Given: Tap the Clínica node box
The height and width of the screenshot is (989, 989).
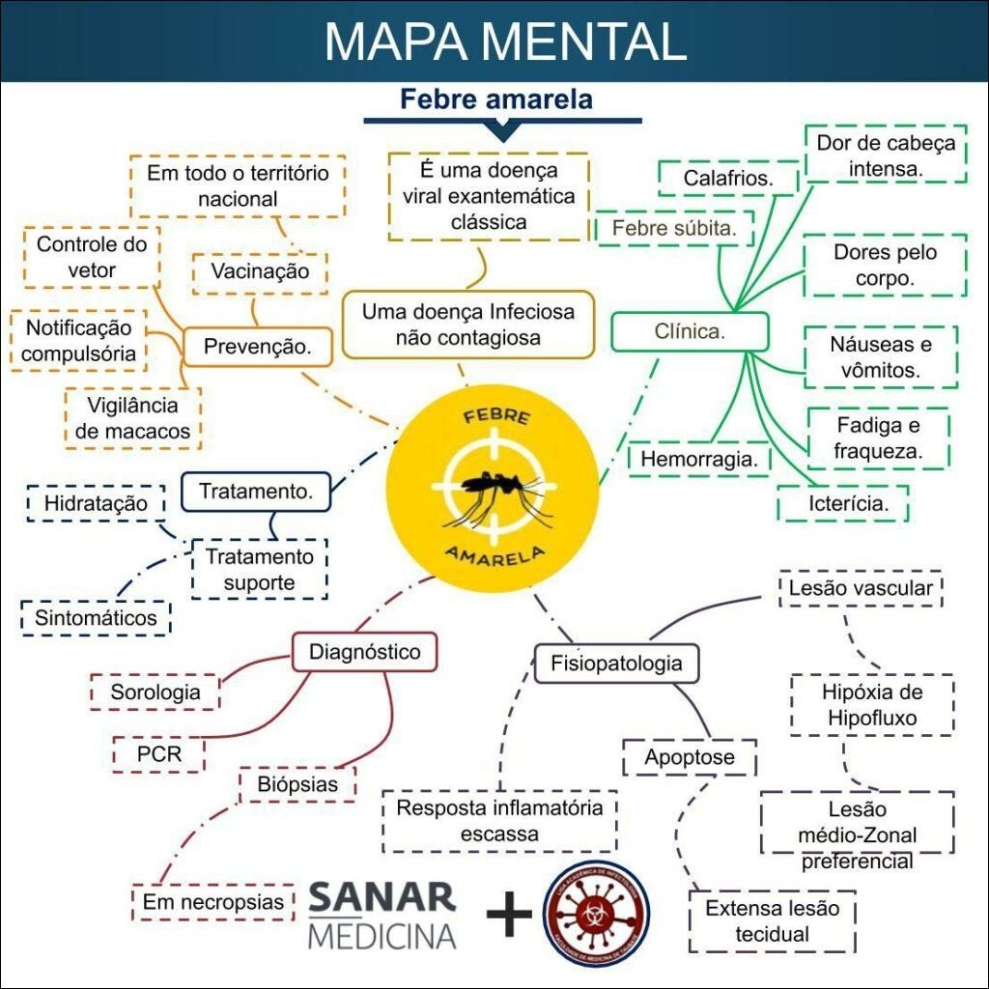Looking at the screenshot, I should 690,332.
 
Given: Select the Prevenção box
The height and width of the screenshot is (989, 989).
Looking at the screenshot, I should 257,347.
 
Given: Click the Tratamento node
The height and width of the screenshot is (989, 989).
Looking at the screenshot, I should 256,491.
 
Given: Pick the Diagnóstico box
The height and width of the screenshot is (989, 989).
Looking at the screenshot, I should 364,652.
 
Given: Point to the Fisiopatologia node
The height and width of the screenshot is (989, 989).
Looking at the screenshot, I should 616,664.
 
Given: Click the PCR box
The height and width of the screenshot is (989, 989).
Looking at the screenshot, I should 159,754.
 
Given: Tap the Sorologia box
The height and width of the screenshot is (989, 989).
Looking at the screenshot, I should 155,692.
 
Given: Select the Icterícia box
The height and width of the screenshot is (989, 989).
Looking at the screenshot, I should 844,503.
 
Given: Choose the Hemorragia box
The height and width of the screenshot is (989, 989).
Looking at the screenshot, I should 698,459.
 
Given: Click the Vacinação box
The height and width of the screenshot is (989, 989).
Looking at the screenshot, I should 260,271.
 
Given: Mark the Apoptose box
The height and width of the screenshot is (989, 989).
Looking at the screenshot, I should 689,757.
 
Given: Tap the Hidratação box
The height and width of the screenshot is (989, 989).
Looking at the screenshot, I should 96,503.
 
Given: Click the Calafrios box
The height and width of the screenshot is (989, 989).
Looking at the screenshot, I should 727,179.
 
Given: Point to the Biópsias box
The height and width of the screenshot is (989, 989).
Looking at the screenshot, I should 297,784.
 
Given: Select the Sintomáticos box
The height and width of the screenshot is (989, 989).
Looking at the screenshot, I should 96,617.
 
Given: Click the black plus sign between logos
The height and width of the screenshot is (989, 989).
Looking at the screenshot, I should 509,914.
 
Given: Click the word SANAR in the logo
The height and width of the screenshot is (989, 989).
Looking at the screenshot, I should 381,897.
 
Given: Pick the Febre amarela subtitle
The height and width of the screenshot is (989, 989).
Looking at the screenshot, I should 496,99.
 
